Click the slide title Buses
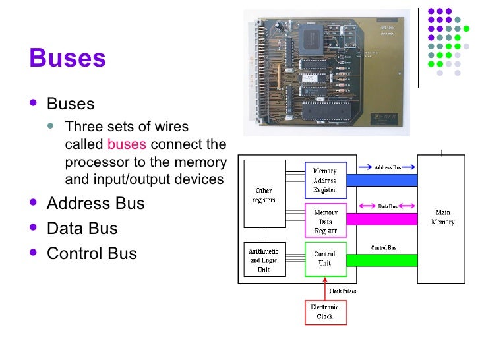click(67, 59)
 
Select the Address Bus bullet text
click(96, 204)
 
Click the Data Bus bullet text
click(82, 229)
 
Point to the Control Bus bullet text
click(92, 254)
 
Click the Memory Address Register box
click(325, 180)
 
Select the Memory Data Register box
click(325, 221)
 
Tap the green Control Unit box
click(325, 258)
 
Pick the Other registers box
click(264, 195)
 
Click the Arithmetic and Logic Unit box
click(264, 260)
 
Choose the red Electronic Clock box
click(325, 311)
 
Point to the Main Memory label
click(442, 217)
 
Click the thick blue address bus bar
click(382, 180)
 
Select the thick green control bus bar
click(382, 260)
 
